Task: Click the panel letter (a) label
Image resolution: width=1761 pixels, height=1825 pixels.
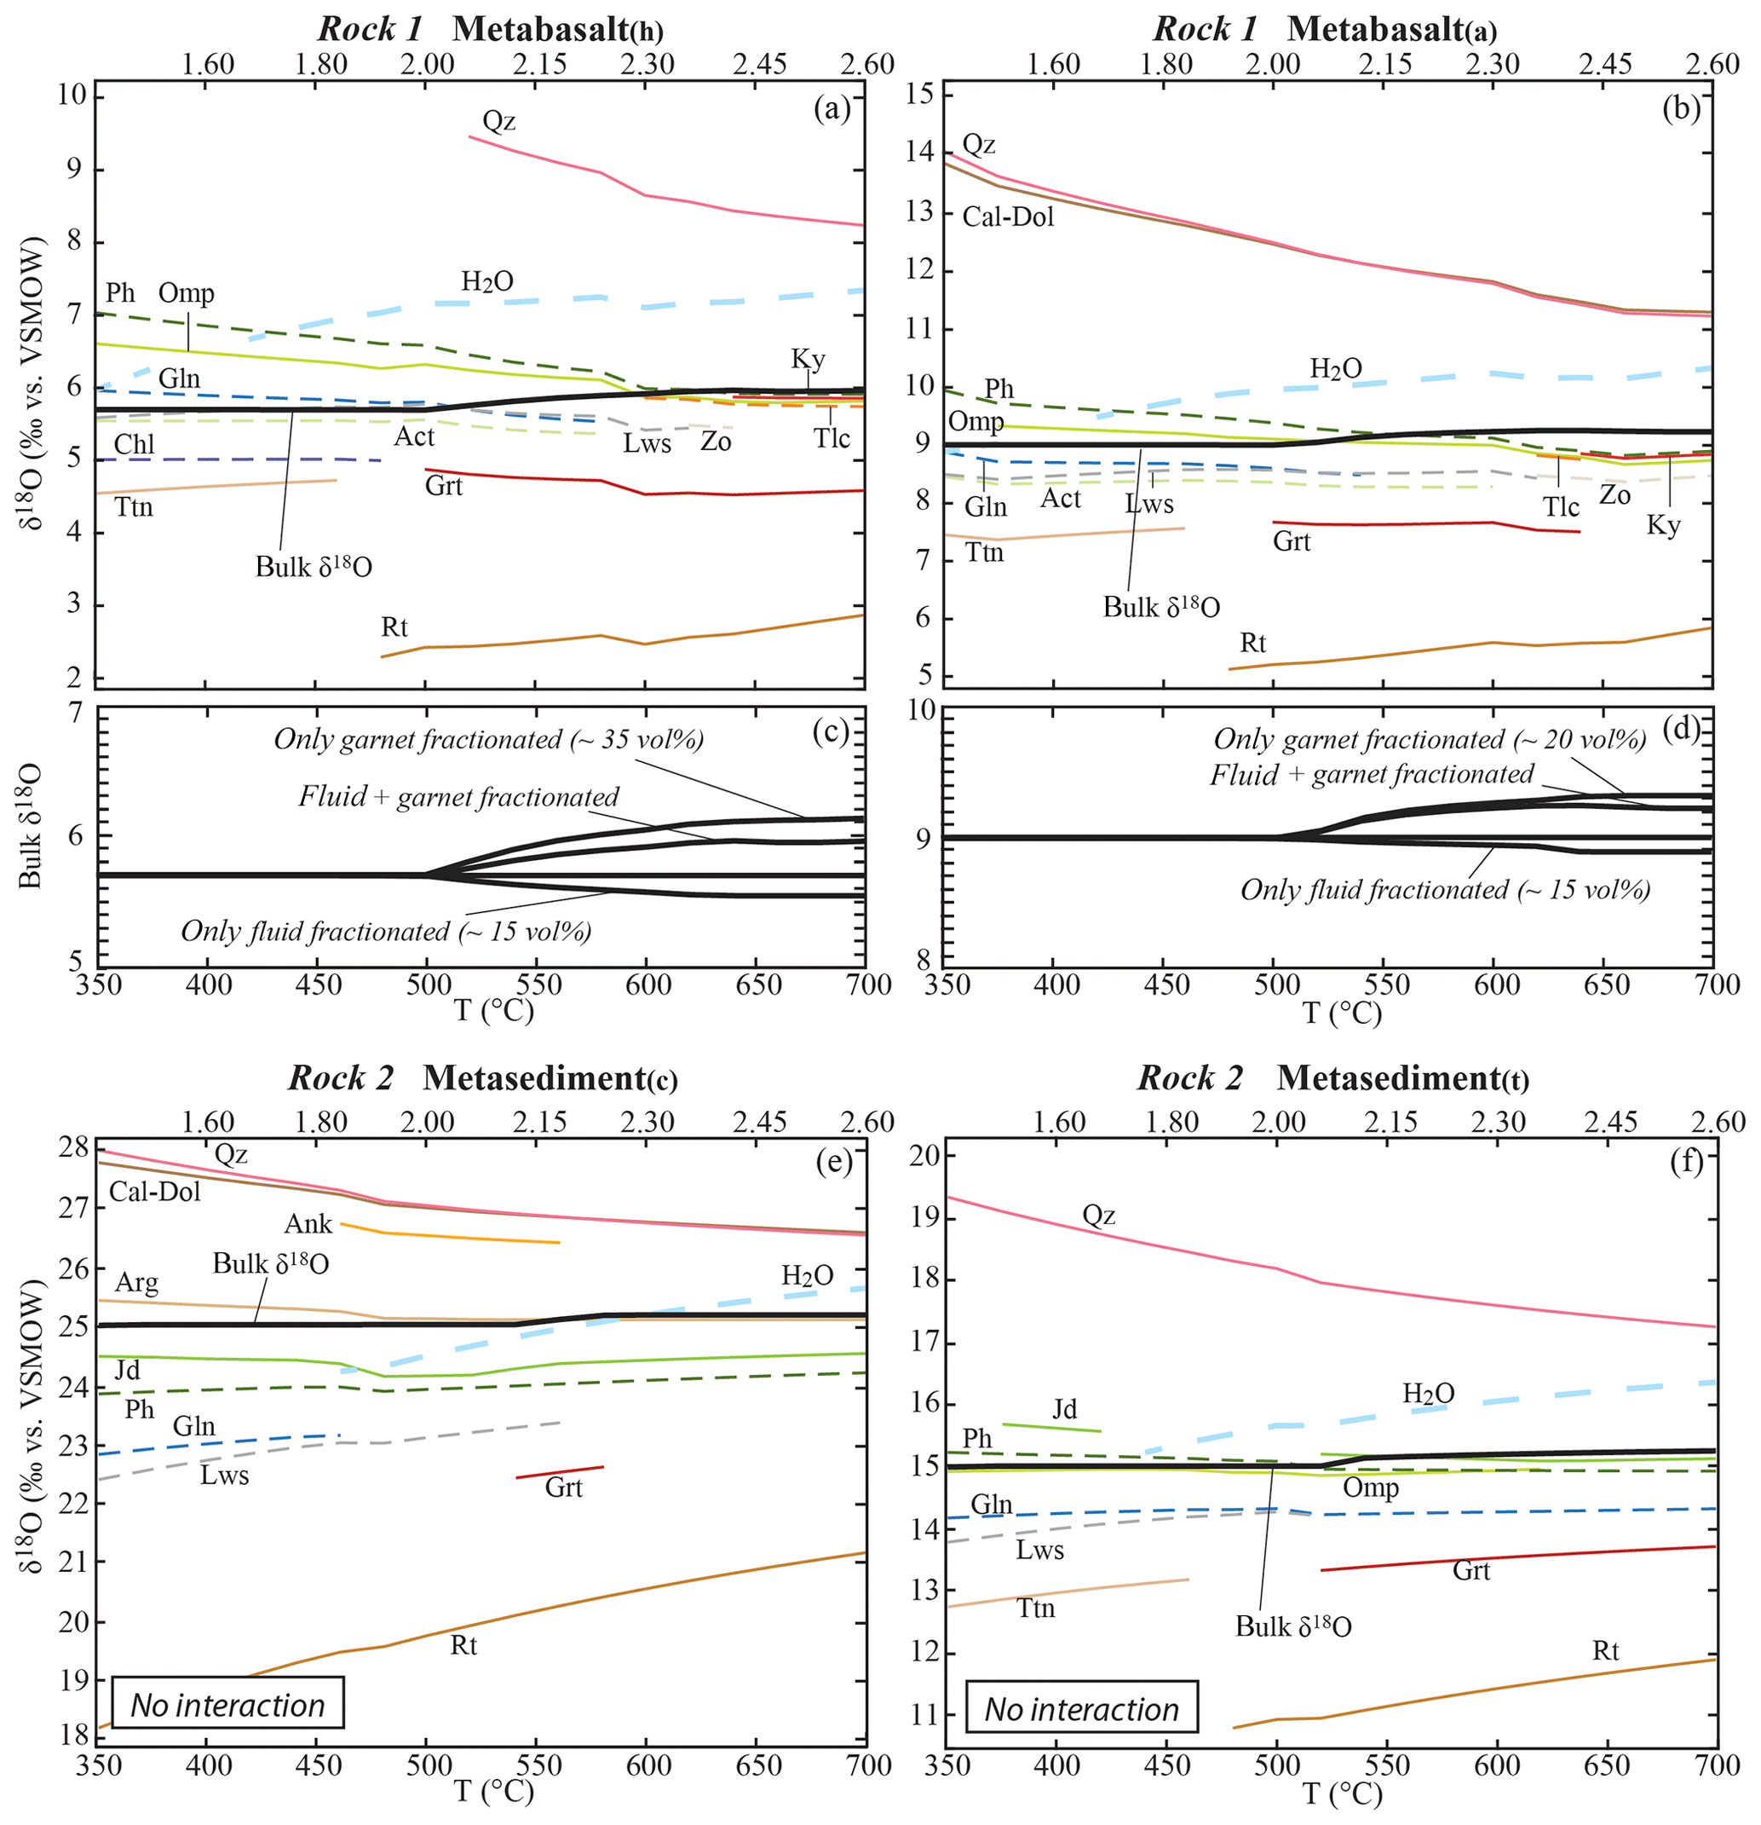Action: point(832,110)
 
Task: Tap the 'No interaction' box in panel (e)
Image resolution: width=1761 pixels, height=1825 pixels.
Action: point(228,1705)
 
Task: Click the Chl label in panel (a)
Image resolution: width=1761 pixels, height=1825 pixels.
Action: point(134,444)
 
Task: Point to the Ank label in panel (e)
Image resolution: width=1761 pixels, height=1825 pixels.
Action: point(308,1223)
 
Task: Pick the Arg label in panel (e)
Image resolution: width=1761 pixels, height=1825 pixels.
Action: point(137,1283)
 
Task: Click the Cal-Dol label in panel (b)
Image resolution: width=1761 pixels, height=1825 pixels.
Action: point(1008,217)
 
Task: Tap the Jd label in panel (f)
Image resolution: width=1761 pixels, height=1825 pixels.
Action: point(1065,1409)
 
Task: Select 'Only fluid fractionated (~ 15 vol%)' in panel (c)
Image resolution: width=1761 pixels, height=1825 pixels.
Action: point(386,931)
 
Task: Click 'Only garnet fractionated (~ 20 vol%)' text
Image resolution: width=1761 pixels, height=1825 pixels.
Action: point(1430,739)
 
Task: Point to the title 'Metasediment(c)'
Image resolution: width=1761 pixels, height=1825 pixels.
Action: point(550,1078)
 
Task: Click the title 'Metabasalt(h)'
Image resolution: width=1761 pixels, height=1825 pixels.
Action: point(557,30)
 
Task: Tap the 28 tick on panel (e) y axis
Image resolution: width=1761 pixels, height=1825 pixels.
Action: point(77,1148)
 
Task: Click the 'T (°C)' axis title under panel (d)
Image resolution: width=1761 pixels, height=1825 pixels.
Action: point(1340,1012)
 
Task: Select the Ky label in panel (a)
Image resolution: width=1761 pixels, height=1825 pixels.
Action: point(808,360)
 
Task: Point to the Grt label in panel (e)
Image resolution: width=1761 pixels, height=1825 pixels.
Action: point(563,1487)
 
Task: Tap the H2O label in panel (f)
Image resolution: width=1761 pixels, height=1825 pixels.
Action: point(1429,1394)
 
